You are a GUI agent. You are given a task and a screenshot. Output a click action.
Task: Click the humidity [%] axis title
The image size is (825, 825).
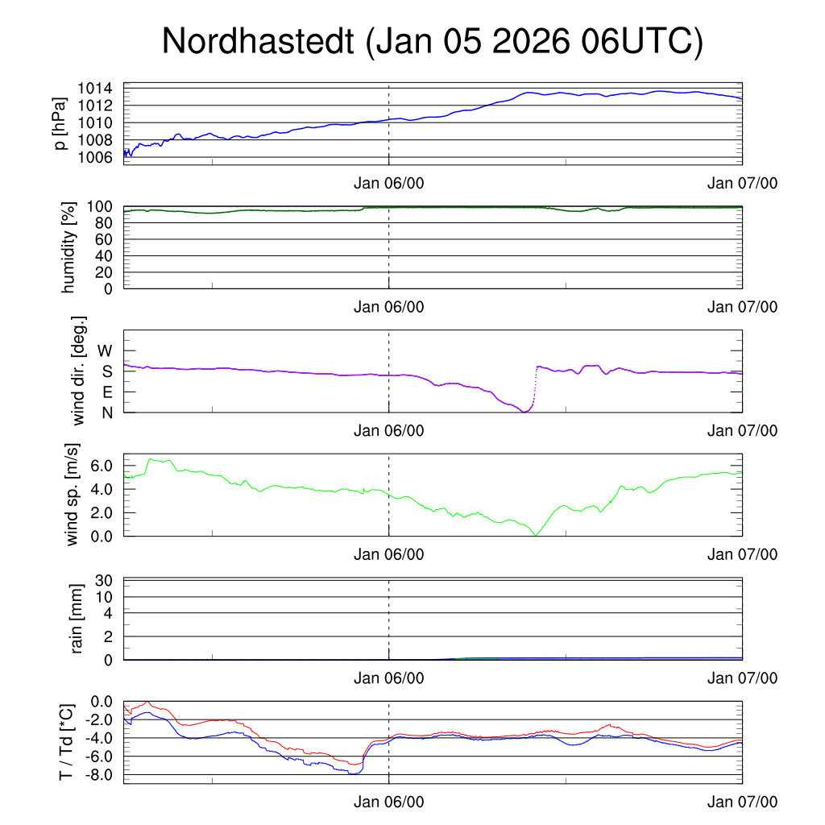[68, 247]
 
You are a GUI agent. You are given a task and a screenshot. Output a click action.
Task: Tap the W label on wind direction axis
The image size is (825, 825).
[105, 350]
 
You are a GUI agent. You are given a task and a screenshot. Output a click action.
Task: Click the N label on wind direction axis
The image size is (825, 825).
[106, 412]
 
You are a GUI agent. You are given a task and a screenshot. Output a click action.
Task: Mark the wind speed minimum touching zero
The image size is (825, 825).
[535, 534]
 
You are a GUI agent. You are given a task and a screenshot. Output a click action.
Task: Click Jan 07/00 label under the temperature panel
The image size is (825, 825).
[742, 802]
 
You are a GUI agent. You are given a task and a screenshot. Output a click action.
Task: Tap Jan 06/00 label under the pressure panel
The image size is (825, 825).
[388, 184]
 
